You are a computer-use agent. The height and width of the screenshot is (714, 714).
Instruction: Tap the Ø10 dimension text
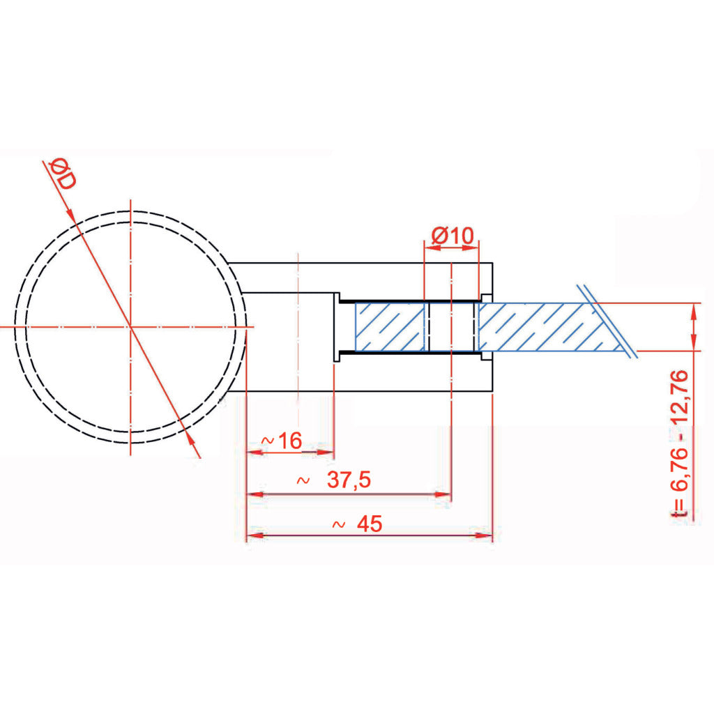[453, 236]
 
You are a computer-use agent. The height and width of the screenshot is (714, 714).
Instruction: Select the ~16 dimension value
[282, 441]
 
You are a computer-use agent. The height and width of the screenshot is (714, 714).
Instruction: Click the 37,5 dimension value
[349, 480]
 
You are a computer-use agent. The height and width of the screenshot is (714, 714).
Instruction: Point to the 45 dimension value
[370, 524]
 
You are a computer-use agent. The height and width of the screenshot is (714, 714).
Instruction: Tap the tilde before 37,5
[303, 480]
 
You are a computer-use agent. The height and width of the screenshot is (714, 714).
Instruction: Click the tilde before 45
[338, 524]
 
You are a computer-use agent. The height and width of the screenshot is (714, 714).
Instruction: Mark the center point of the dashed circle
[130, 326]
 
